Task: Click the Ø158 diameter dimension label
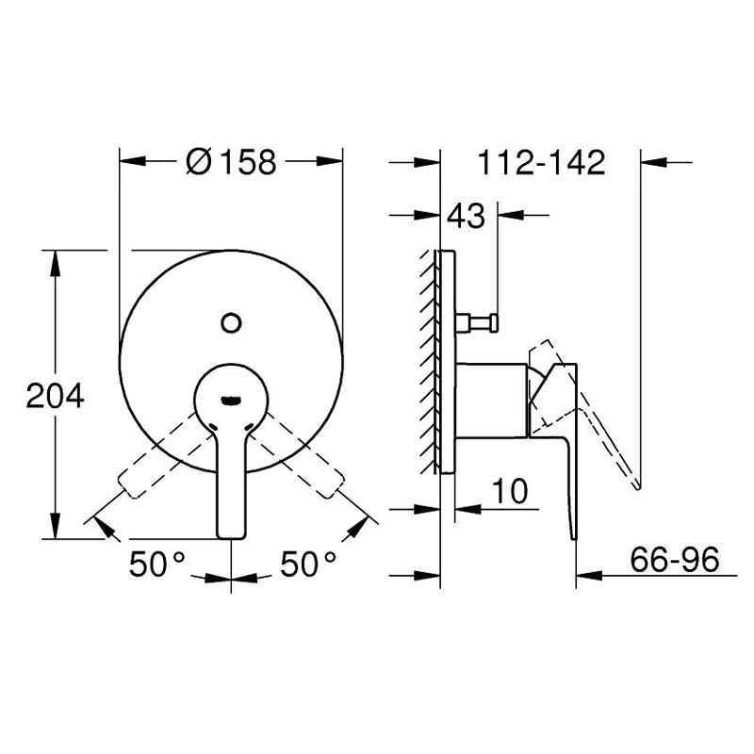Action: [x=231, y=161]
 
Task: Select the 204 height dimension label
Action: [x=56, y=397]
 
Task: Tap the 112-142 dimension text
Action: [x=541, y=162]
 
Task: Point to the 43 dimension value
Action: [x=466, y=216]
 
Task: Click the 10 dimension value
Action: [x=510, y=491]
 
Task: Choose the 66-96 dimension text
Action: [x=675, y=559]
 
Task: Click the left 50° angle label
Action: [x=157, y=564]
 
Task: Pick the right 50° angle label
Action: [x=308, y=564]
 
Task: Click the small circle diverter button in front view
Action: [x=231, y=322]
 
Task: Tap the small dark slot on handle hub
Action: [x=231, y=400]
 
